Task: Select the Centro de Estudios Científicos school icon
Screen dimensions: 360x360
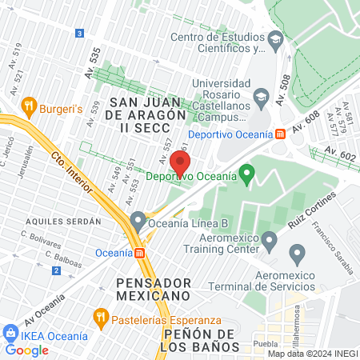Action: pos(275,38)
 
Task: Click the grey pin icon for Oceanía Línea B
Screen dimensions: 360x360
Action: pos(138,220)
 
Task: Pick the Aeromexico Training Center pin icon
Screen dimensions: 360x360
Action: pos(270,239)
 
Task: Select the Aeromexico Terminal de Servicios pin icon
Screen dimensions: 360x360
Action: pos(298,256)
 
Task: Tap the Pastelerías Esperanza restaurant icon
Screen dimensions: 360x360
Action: pos(100,314)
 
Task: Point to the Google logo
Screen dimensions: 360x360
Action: pos(27,350)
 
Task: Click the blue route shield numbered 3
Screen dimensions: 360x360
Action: pos(78,33)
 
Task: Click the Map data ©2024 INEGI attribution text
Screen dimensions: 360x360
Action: pos(311,354)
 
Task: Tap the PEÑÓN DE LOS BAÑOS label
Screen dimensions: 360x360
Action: pos(200,340)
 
